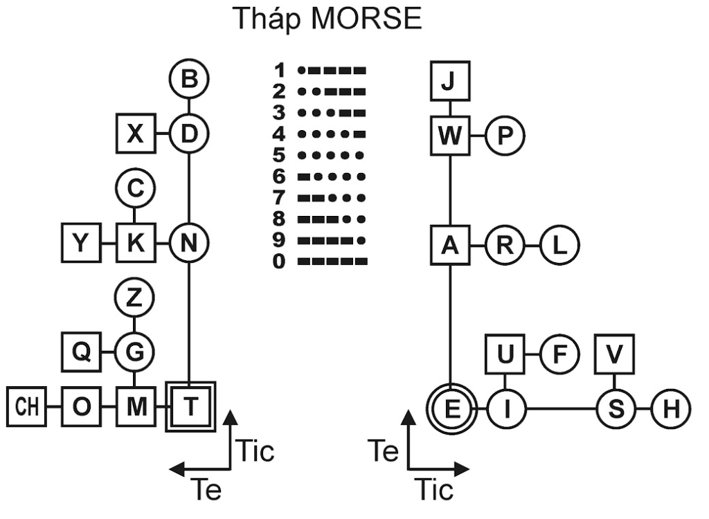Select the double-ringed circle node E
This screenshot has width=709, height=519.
(451, 409)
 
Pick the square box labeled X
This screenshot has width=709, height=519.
(136, 133)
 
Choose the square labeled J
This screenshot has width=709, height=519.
(450, 82)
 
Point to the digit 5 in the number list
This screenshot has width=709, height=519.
(280, 154)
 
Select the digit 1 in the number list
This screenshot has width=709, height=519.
(280, 70)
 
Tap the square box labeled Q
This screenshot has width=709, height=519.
(81, 352)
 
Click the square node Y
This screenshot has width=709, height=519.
(81, 244)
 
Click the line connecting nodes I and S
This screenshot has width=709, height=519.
(561, 409)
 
